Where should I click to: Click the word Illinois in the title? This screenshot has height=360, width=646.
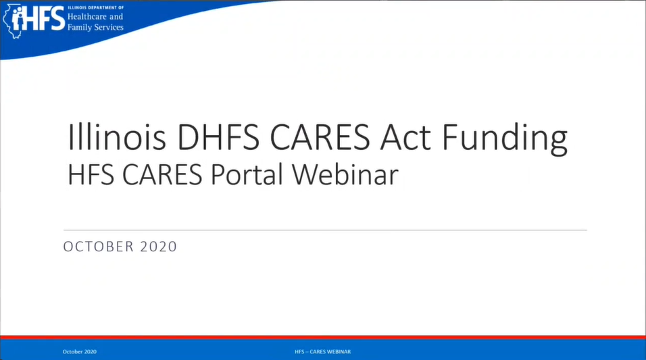[117, 136]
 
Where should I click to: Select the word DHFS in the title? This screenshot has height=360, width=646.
[218, 136]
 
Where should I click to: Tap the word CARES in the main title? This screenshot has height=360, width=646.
[320, 136]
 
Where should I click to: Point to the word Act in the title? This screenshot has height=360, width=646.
[405, 137]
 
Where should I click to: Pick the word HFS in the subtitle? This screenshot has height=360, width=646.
[91, 175]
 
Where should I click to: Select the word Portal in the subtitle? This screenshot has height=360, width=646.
[247, 175]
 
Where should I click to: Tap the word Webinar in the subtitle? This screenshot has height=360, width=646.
[345, 175]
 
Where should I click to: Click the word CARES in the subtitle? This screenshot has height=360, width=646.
[162, 175]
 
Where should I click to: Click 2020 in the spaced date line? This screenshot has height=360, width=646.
[159, 247]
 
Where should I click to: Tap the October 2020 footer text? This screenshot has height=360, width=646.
[80, 352]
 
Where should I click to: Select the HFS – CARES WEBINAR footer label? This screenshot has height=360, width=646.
[322, 352]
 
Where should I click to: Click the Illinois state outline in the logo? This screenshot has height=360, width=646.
[11, 22]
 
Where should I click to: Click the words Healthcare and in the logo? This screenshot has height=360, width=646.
[95, 17]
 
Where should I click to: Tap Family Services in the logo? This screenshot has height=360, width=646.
[95, 27]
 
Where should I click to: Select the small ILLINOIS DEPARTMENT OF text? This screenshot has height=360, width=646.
[95, 7]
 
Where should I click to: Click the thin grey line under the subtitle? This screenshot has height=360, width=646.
[325, 230]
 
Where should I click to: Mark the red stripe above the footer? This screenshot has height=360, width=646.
[323, 337]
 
